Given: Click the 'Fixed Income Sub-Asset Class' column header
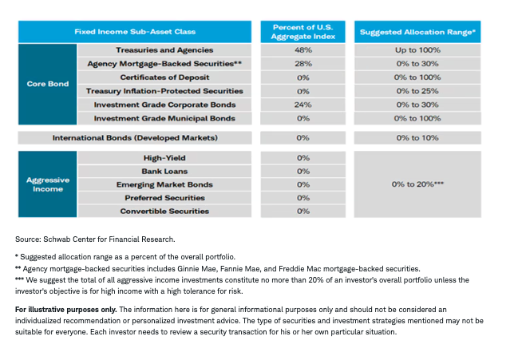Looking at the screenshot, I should click(136, 32).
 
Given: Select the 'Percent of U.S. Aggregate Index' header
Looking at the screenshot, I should click(303, 32).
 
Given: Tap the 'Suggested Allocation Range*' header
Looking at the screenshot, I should click(417, 32).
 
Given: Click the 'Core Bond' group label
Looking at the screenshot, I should click(47, 84).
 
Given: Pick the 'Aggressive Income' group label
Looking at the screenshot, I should click(47, 184).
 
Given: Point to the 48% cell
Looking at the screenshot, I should click(303, 50).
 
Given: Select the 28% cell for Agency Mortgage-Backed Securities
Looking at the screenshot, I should click(303, 64).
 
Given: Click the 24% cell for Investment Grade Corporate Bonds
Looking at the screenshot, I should click(303, 105).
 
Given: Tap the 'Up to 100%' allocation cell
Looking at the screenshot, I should click(417, 50).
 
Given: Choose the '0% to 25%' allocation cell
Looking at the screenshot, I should click(417, 91).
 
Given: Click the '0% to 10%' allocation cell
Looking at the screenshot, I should click(417, 138).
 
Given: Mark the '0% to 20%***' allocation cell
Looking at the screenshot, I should click(417, 184).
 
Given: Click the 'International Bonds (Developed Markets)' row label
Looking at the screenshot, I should click(134, 138).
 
